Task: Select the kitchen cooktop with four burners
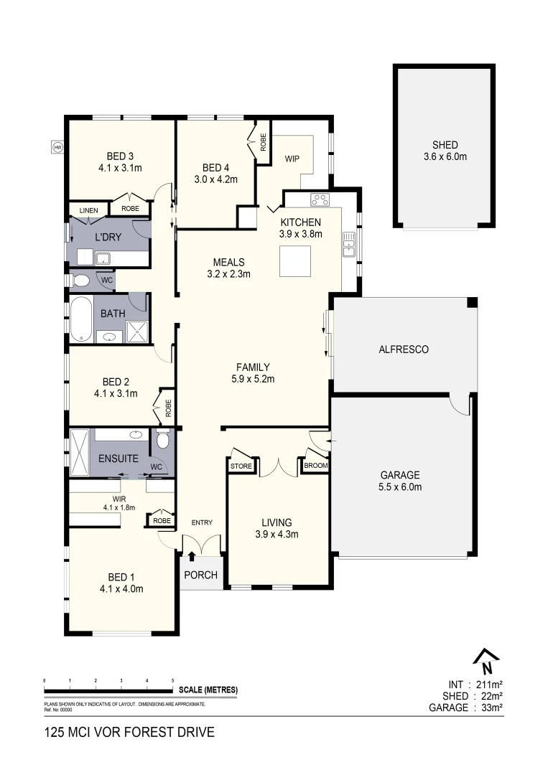coord(320,199)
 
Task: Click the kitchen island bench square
coord(295,261)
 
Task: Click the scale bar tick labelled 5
coord(172,680)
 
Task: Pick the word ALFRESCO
coord(403,349)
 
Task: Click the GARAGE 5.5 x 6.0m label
coord(401,481)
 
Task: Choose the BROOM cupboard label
coord(316,466)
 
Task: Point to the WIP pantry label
coord(292,159)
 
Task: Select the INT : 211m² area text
coord(475,684)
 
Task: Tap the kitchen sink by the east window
coord(349,243)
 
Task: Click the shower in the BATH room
coord(136,331)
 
